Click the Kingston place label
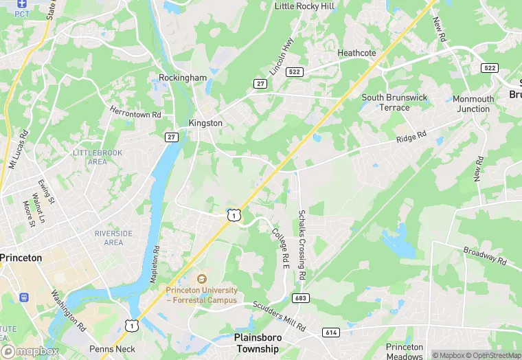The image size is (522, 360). (x=205, y=123)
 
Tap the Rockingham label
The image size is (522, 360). (x=183, y=78)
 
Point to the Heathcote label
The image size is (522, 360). (x=356, y=53)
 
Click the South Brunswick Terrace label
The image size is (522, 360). (x=395, y=102)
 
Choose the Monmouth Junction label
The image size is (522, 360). (x=473, y=104)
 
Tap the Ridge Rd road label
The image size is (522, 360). (x=411, y=138)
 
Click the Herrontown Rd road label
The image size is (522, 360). (x=135, y=111)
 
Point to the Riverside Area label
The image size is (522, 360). (x=113, y=238)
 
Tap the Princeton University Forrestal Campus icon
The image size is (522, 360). (x=201, y=280)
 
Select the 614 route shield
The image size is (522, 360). (x=331, y=333)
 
